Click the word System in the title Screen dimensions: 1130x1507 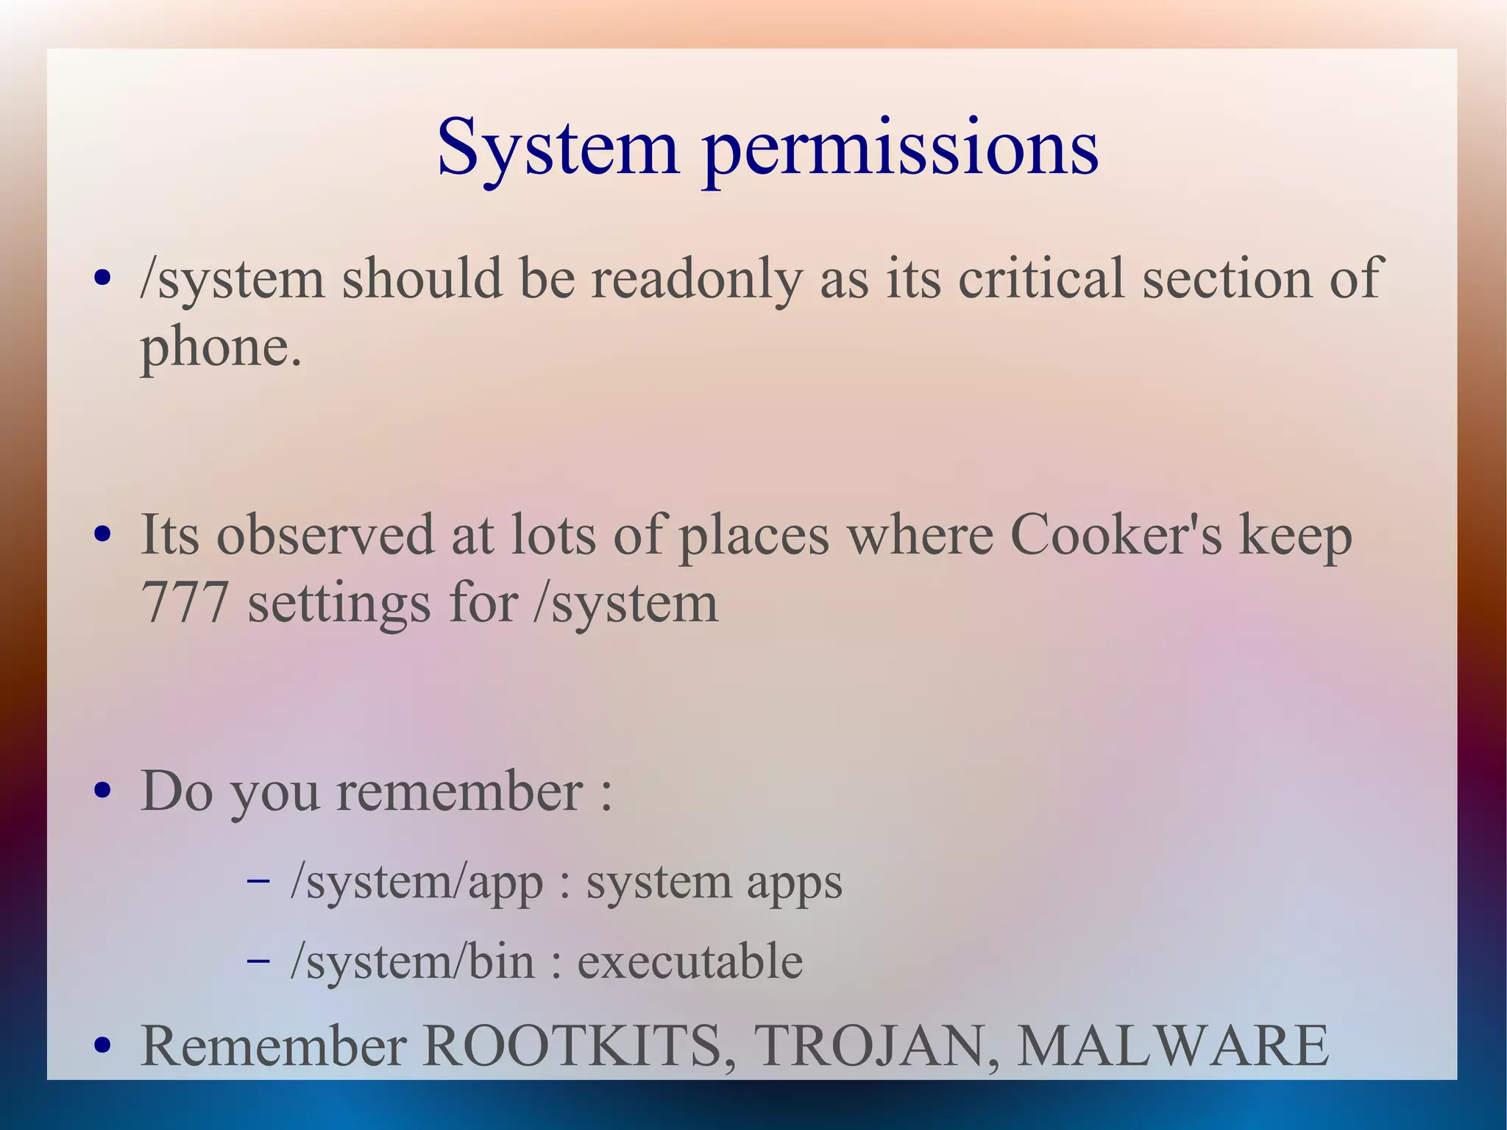pyautogui.click(x=557, y=149)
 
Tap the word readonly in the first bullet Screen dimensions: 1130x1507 pyautogui.click(x=696, y=280)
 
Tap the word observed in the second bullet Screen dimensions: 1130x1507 pyautogui.click(x=325, y=536)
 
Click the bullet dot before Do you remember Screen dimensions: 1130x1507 pyautogui.click(x=103, y=791)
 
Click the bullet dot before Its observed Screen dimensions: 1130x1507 pyautogui.click(x=103, y=534)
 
